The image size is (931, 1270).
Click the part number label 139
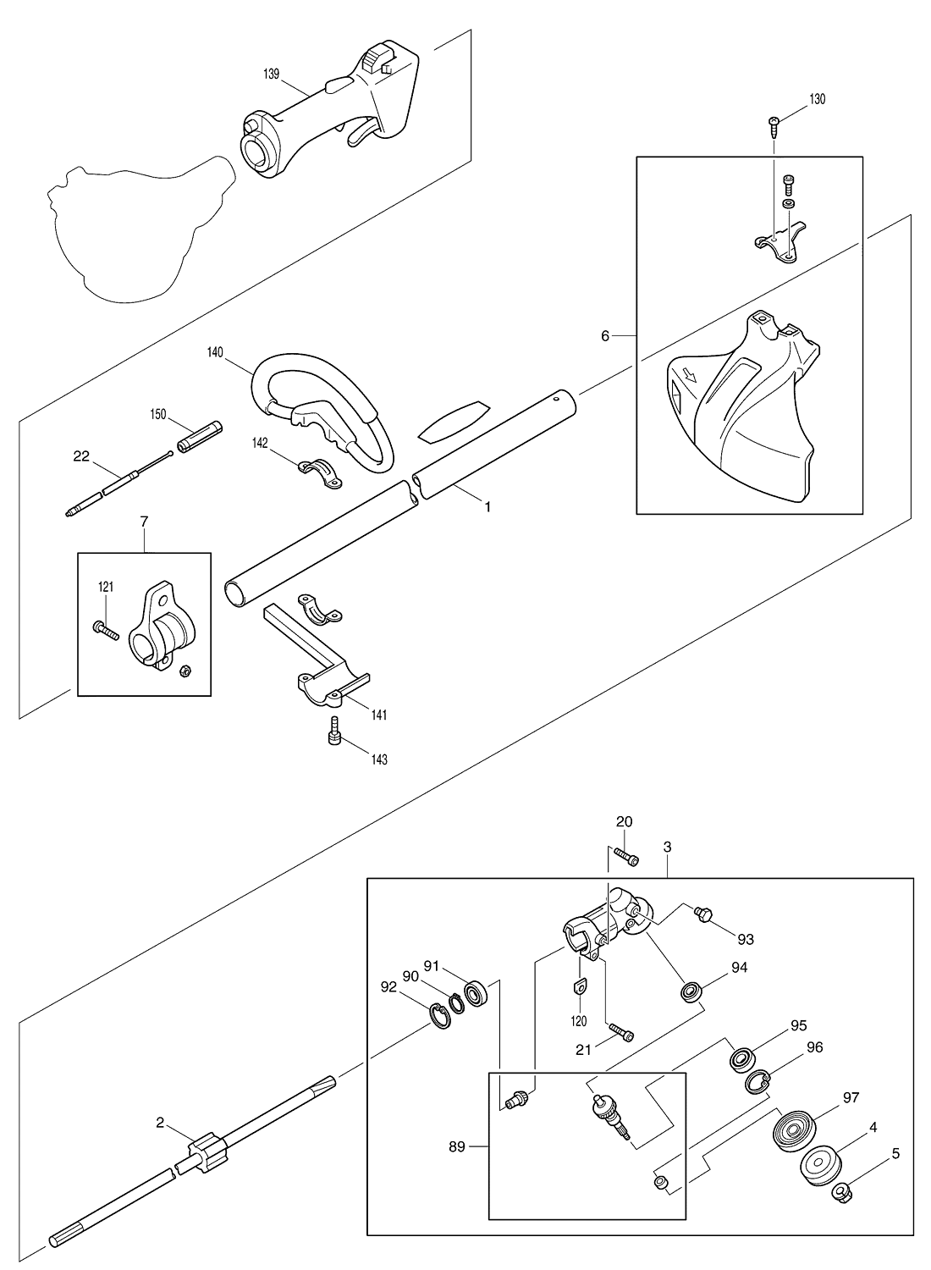click(x=272, y=75)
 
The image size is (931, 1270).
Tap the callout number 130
click(x=817, y=99)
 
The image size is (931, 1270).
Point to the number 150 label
click(x=158, y=415)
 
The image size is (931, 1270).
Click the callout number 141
click(x=379, y=715)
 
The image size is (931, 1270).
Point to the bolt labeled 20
click(x=625, y=855)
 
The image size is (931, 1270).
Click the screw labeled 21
click(x=620, y=1032)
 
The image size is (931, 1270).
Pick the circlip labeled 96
click(x=757, y=1082)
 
